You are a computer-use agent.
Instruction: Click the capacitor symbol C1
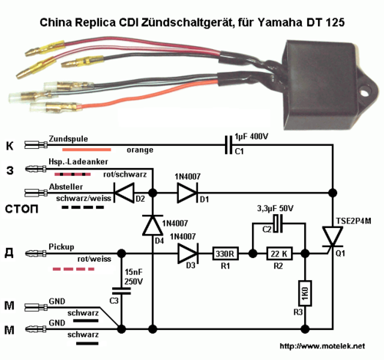pyautogui.click(x=229, y=145)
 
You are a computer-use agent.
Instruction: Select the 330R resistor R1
pyautogui.click(x=225, y=253)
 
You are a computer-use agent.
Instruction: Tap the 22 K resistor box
pyautogui.click(x=280, y=253)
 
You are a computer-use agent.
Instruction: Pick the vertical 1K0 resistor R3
pyautogui.click(x=305, y=293)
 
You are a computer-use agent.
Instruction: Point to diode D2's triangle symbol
pyautogui.click(x=124, y=193)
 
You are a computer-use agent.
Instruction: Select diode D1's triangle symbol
pyautogui.click(x=187, y=193)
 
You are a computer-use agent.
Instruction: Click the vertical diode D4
pyautogui.click(x=153, y=225)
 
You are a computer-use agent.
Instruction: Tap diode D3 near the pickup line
pyautogui.click(x=188, y=253)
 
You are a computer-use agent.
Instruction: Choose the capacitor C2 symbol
pyautogui.click(x=278, y=223)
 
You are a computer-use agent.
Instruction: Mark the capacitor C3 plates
pyautogui.click(x=121, y=291)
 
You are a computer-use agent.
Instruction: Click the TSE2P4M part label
pyautogui.click(x=353, y=221)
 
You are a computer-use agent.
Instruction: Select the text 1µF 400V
pyautogui.click(x=251, y=137)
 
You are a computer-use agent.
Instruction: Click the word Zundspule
pyautogui.click(x=68, y=139)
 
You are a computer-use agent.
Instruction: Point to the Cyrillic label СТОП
pyautogui.click(x=22, y=210)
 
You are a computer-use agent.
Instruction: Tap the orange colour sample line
pyautogui.click(x=87, y=150)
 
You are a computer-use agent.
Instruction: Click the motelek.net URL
pyautogui.click(x=323, y=346)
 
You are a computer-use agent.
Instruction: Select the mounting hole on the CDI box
pyautogui.click(x=365, y=91)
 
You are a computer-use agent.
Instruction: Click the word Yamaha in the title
pyautogui.click(x=280, y=22)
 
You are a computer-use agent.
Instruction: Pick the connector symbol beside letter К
pyautogui.click(x=36, y=145)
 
